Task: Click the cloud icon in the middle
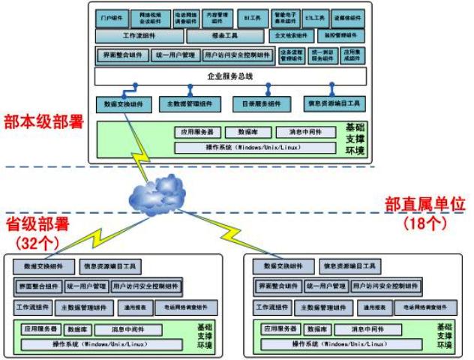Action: (x=157, y=194)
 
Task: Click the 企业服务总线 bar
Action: (x=230, y=76)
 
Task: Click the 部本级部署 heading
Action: (x=43, y=123)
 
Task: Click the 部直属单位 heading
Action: (x=425, y=204)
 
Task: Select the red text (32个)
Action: (x=34, y=241)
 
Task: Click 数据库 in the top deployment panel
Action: (x=248, y=132)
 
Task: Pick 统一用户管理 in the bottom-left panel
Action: (x=86, y=286)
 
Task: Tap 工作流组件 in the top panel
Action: (x=138, y=35)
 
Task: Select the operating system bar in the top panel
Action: (x=258, y=147)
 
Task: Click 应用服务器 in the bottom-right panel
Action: (x=280, y=329)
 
